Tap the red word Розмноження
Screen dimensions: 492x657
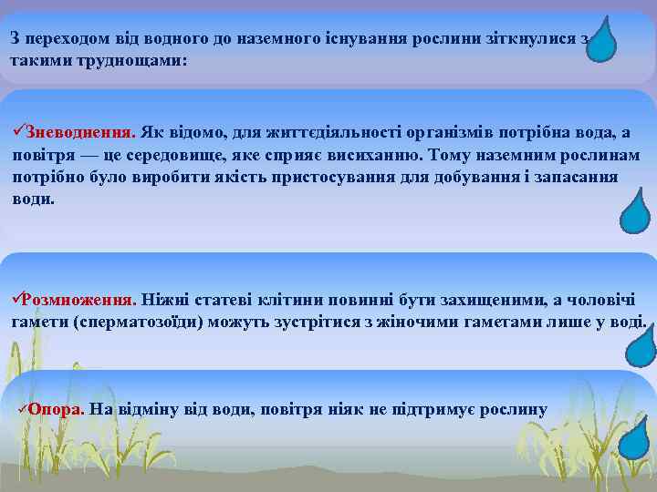[x=79, y=300]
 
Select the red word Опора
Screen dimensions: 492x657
[x=57, y=409]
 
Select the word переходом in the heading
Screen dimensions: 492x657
[x=66, y=38]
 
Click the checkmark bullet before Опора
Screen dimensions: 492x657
[x=23, y=409]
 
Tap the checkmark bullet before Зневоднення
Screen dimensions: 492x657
[x=18, y=133]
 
